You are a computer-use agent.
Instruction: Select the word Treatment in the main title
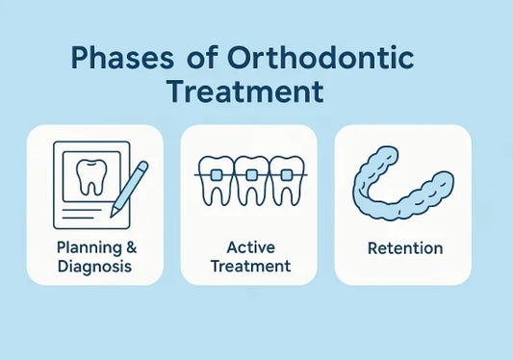click(x=244, y=92)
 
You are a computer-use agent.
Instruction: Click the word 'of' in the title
click(x=196, y=59)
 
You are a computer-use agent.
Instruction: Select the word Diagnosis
click(x=93, y=266)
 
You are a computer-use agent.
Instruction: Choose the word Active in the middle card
click(x=250, y=248)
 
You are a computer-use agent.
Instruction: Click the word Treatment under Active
click(x=250, y=266)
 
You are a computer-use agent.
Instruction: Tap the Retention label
click(x=405, y=248)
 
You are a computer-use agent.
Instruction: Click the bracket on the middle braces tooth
click(x=250, y=176)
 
